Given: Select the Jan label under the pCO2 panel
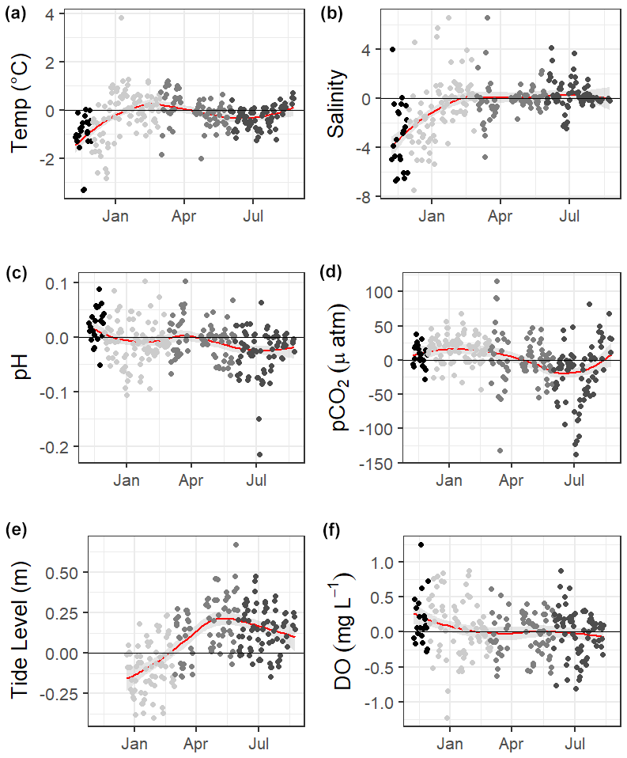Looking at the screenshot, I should [x=449, y=479].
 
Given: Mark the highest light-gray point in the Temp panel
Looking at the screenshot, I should [x=121, y=17].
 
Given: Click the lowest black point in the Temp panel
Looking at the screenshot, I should [x=84, y=189].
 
